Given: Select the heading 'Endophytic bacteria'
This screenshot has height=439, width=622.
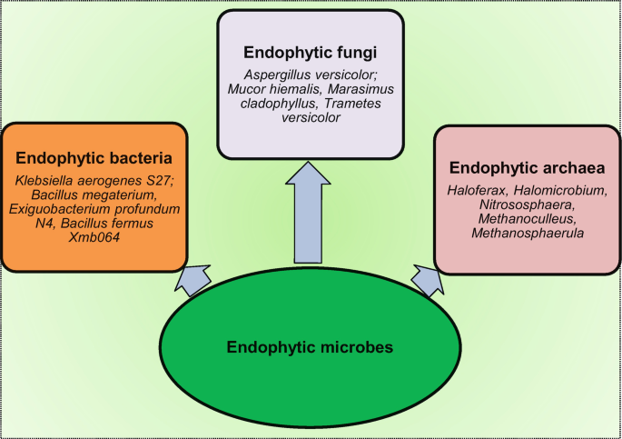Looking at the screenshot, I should pos(95,156).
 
